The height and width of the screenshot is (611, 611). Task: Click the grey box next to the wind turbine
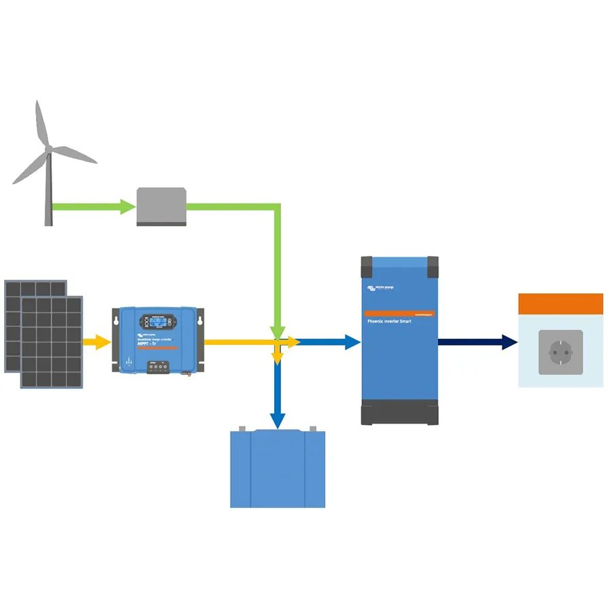(x=162, y=206)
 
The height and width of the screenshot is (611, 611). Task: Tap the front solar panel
(x=52, y=342)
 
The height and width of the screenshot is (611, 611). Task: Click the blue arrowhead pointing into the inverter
(x=352, y=342)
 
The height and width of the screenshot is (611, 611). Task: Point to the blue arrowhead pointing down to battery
(x=277, y=421)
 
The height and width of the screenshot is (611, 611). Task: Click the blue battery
(x=278, y=469)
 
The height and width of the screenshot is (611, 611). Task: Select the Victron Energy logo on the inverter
(x=380, y=288)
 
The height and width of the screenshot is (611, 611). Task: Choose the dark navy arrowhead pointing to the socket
(x=509, y=342)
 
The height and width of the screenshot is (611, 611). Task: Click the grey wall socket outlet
(x=561, y=352)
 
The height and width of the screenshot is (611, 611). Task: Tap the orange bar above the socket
(x=561, y=303)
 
